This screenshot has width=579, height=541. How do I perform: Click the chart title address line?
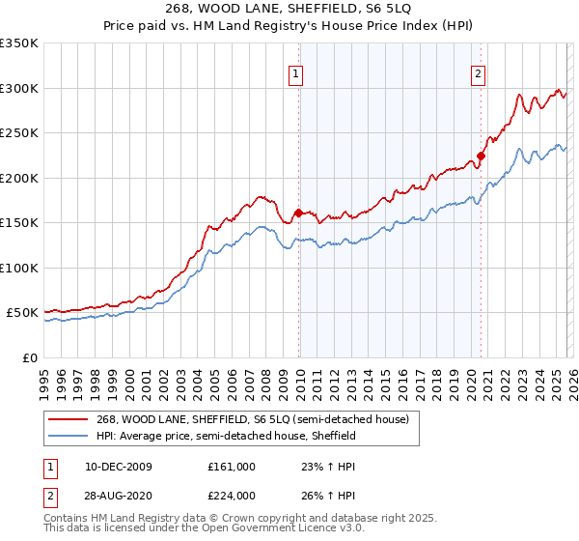tap(289, 9)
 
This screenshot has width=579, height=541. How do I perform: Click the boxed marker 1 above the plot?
tap(295, 71)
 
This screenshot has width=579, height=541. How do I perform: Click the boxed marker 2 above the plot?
tap(478, 71)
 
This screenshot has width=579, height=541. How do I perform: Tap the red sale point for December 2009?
tap(298, 213)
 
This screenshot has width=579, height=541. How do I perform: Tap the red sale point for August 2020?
tap(481, 157)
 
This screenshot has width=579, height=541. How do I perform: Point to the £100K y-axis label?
tap(19, 268)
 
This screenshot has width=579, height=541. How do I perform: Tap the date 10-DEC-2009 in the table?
tap(118, 466)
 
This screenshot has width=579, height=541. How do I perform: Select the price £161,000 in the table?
tap(232, 466)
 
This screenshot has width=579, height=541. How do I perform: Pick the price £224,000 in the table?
tap(232, 497)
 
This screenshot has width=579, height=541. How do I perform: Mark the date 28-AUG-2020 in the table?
tap(118, 497)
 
